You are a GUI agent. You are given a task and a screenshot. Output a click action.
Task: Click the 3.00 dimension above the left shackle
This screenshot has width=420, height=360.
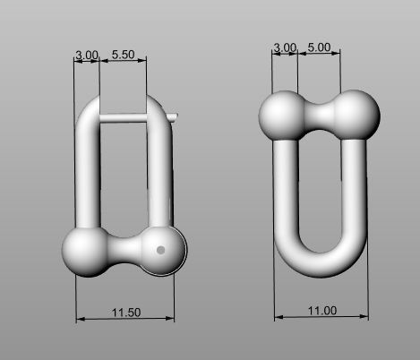tap(87, 56)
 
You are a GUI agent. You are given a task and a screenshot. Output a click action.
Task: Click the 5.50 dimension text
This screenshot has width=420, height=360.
tap(123, 56)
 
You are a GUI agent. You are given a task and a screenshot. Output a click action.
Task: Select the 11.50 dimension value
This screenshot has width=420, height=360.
tap(124, 312)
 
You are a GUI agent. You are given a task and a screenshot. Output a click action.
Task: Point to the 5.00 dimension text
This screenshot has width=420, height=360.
tap(319, 47)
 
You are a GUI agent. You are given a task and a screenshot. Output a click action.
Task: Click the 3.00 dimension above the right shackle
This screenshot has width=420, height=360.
tap(284, 47)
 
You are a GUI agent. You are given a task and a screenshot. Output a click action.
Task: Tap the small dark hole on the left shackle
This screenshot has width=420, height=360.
tap(160, 251)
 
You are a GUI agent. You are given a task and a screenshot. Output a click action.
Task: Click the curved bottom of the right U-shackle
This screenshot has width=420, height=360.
tap(321, 263)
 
